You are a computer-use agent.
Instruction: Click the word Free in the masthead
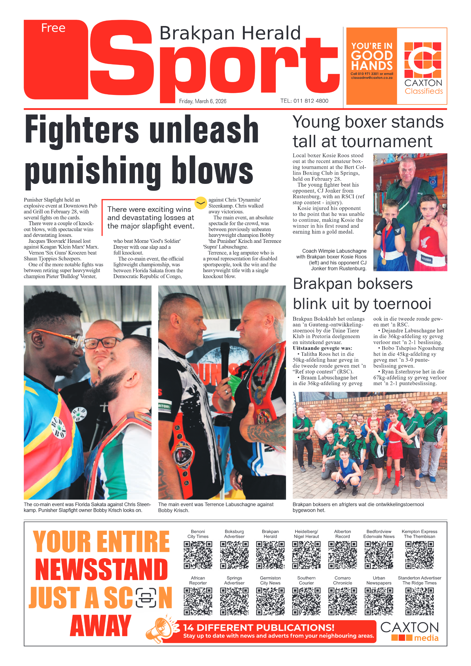click(x=53, y=28)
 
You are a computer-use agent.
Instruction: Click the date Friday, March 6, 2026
click(x=203, y=101)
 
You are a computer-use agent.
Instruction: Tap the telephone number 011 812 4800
click(x=311, y=101)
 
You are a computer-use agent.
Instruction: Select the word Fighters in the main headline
click(x=82, y=130)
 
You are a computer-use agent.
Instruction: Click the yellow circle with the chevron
click(x=200, y=203)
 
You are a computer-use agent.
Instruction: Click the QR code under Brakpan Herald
click(x=270, y=555)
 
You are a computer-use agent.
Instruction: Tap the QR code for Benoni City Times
click(x=198, y=555)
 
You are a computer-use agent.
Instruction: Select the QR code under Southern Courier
click(x=306, y=601)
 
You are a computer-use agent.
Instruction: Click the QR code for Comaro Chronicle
click(x=342, y=601)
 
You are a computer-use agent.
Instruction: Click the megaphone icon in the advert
click(x=160, y=629)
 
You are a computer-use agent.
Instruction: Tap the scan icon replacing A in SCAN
click(x=146, y=597)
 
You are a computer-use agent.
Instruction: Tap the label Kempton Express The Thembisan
click(x=419, y=534)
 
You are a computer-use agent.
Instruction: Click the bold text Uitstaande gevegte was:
click(x=322, y=348)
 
